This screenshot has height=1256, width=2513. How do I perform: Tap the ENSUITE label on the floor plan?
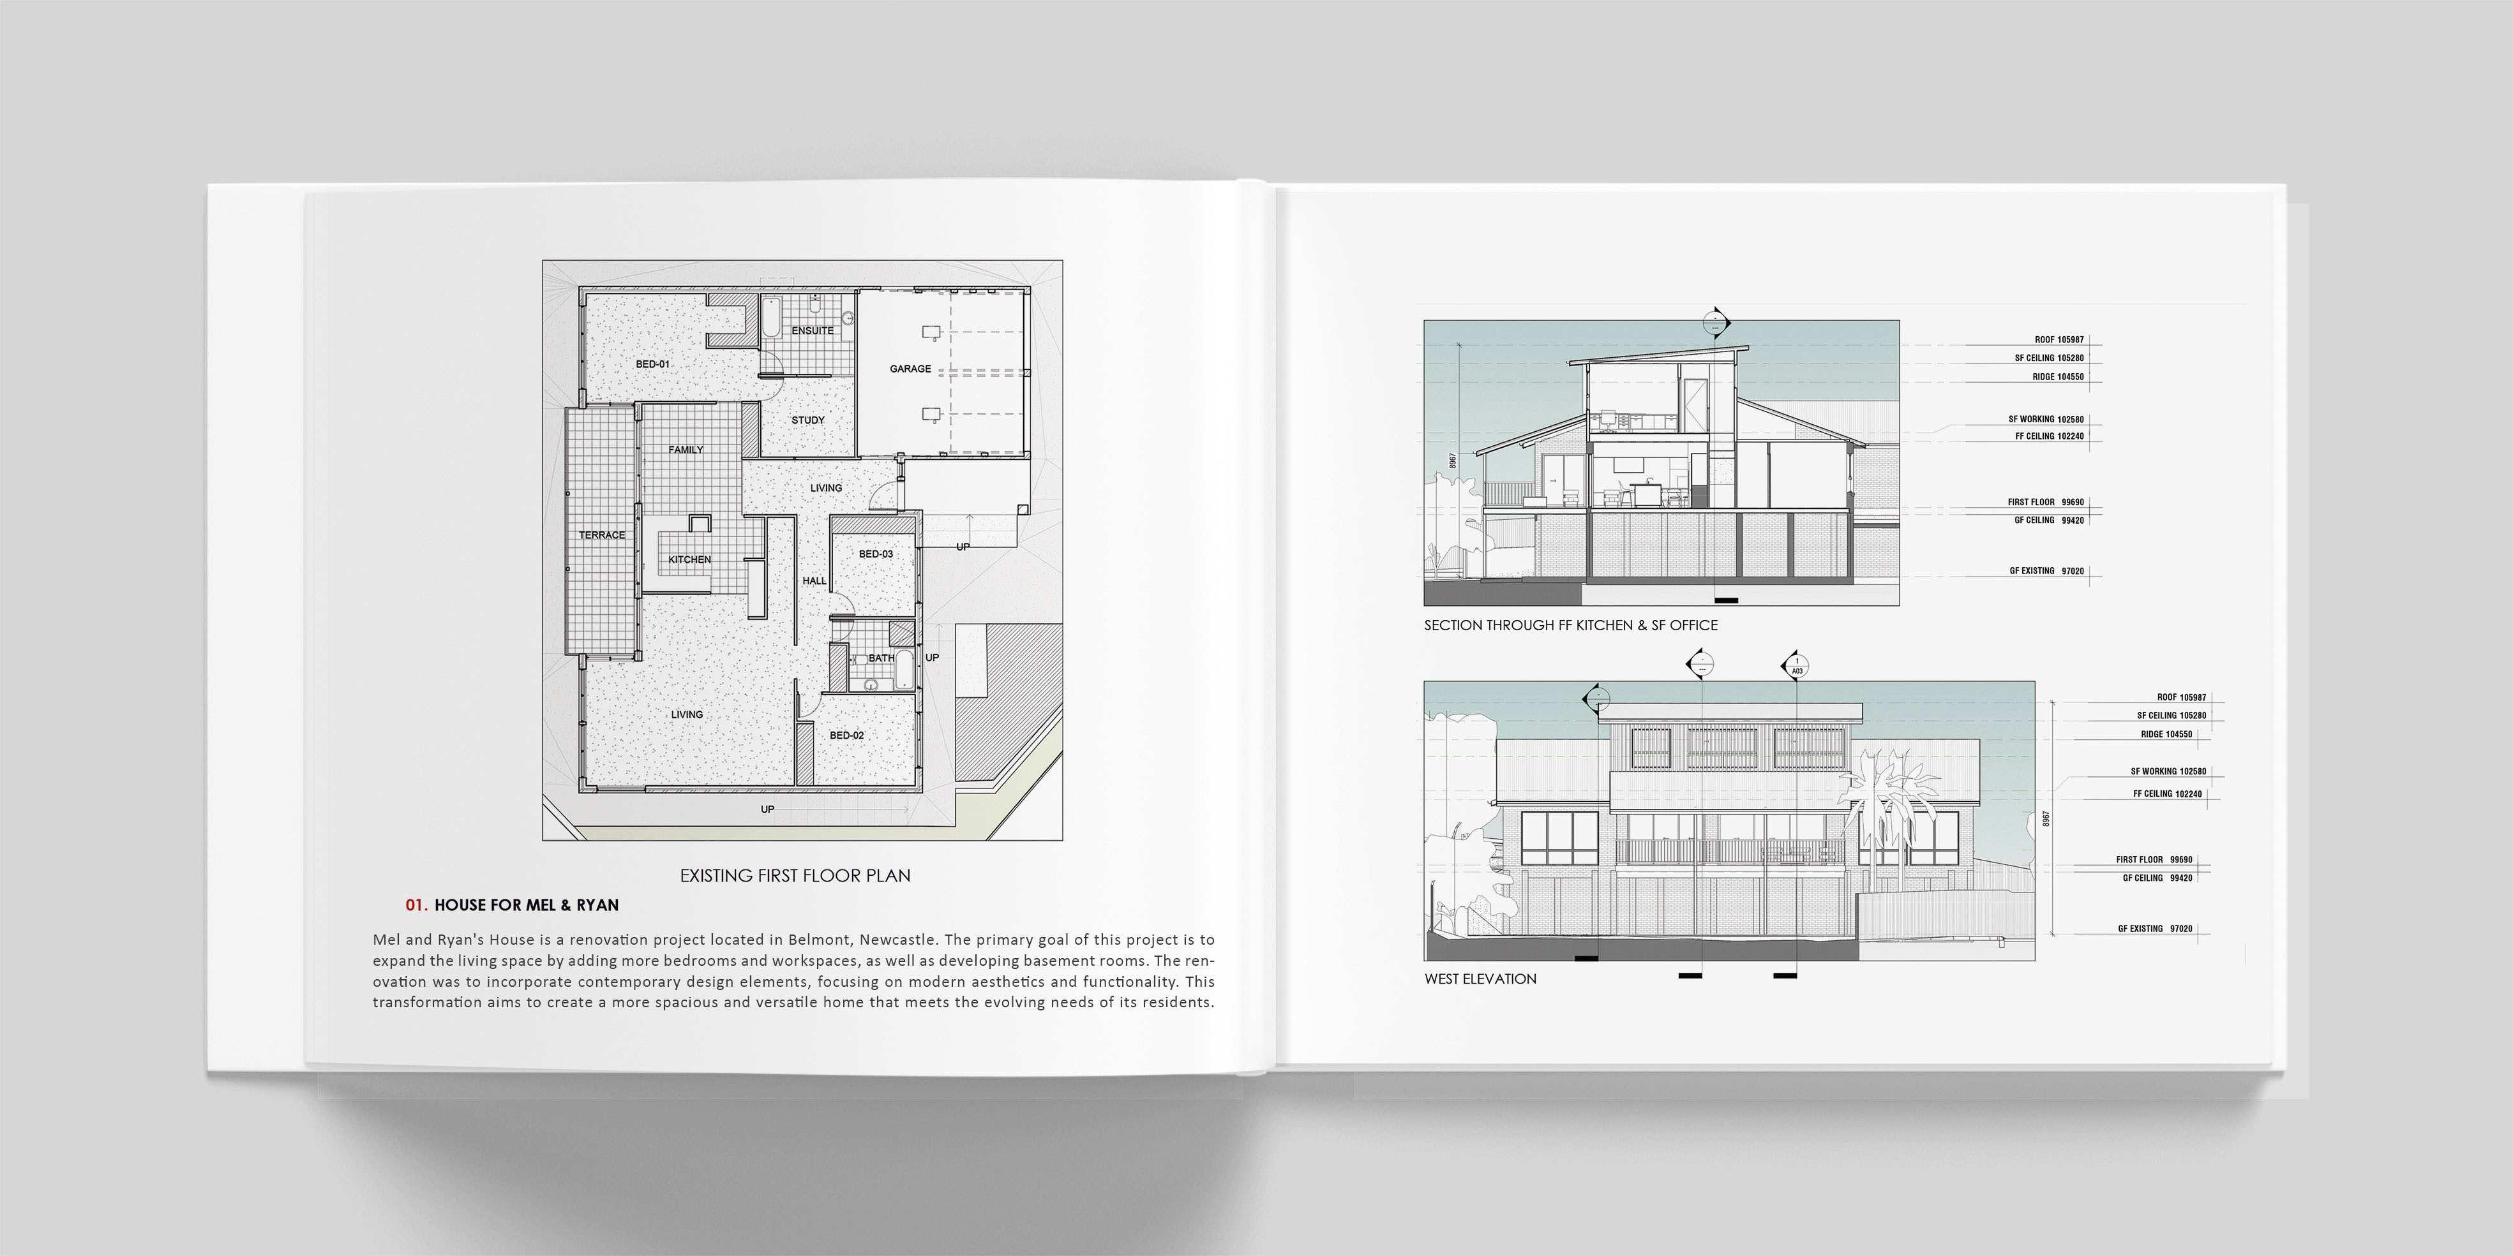pyautogui.click(x=813, y=330)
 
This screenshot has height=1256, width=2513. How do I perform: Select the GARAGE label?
pyautogui.click(x=910, y=369)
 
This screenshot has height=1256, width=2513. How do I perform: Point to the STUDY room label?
pyautogui.click(x=807, y=420)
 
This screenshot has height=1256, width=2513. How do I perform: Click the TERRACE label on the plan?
pyautogui.click(x=602, y=535)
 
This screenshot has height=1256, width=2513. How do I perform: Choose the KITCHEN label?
pyautogui.click(x=690, y=559)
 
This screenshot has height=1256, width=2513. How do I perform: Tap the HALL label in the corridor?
pyautogui.click(x=814, y=581)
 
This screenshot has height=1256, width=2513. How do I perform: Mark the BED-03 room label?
pyautogui.click(x=876, y=554)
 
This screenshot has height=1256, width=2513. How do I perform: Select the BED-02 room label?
pyautogui.click(x=847, y=735)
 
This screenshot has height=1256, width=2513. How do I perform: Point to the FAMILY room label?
pyautogui.click(x=686, y=450)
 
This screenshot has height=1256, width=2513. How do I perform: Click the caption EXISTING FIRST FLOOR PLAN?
pyautogui.click(x=795, y=876)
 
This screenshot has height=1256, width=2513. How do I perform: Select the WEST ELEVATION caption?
pyautogui.click(x=1480, y=979)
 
